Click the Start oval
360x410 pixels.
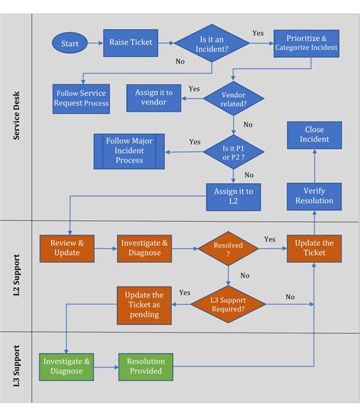(x=71, y=43)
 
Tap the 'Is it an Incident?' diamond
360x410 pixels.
(x=213, y=44)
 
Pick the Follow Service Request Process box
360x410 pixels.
(x=81, y=97)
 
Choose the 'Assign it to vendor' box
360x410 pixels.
(x=153, y=97)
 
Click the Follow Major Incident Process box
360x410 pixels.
(x=129, y=150)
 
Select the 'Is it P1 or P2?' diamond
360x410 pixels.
(x=234, y=150)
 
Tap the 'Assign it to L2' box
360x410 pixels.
(x=234, y=196)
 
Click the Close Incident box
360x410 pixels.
(x=314, y=134)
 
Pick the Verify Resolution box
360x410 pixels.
(x=314, y=195)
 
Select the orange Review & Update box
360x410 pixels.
(x=67, y=247)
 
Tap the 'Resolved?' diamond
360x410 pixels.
(x=228, y=248)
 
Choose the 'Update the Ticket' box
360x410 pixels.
(x=314, y=248)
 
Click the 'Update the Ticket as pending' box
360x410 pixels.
(x=144, y=304)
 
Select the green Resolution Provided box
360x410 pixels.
(x=144, y=366)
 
